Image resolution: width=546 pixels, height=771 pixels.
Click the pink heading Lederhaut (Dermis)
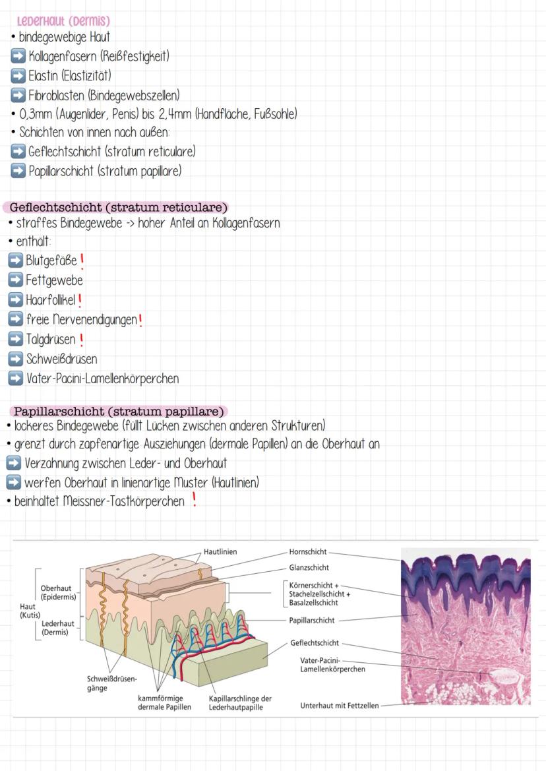[63, 21]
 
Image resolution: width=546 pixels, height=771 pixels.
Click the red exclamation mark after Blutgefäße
[82, 261]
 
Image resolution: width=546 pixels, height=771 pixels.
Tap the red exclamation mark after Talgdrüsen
[81, 340]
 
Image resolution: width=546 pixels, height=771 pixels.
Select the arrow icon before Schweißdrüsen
[15, 359]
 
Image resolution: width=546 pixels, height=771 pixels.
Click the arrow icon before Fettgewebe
[15, 280]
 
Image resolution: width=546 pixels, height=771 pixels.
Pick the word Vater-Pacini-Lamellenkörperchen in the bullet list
[102, 379]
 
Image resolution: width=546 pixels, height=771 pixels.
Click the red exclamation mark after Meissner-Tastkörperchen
[194, 501]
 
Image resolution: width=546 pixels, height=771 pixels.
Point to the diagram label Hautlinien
[220, 551]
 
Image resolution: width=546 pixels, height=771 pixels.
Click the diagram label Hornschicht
[307, 551]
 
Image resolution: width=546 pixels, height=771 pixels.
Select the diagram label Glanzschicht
[309, 567]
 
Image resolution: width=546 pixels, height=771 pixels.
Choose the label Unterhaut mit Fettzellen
[340, 705]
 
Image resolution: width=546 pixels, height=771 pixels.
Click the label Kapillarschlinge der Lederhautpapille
[240, 702]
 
